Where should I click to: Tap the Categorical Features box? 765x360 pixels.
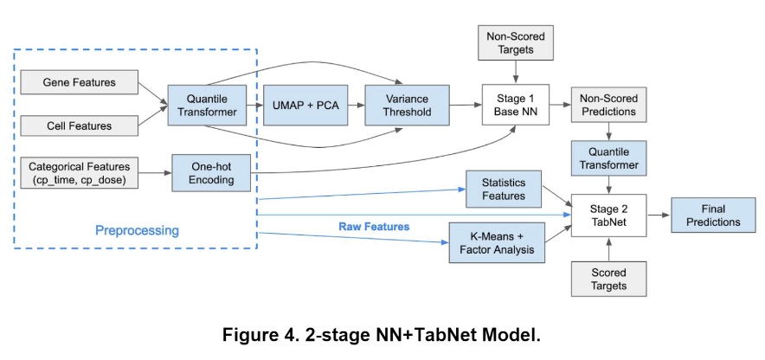(x=80, y=171)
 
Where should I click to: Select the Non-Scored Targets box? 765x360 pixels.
(x=517, y=42)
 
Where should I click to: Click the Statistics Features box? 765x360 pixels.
(x=504, y=189)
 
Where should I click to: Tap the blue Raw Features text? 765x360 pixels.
(x=374, y=227)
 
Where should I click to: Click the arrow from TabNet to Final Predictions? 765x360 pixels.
(x=660, y=215)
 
